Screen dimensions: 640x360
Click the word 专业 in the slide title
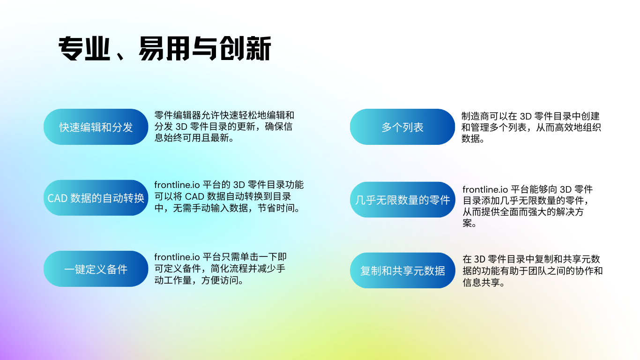click(84, 48)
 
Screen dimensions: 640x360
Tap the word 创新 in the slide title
click(246, 48)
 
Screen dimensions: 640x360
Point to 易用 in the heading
click(164, 48)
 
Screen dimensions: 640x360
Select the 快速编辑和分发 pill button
click(96, 127)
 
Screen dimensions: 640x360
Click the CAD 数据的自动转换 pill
click(96, 198)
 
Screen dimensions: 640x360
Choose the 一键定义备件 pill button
click(96, 269)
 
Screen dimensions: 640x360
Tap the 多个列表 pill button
click(402, 127)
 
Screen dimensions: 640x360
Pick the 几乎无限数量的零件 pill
click(402, 200)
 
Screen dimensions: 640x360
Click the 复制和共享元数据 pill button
click(402, 270)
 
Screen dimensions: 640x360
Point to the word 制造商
click(475, 116)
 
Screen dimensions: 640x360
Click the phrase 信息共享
click(481, 283)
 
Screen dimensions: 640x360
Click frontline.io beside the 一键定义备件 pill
click(177, 257)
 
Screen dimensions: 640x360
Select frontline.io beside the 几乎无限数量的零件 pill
click(485, 189)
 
